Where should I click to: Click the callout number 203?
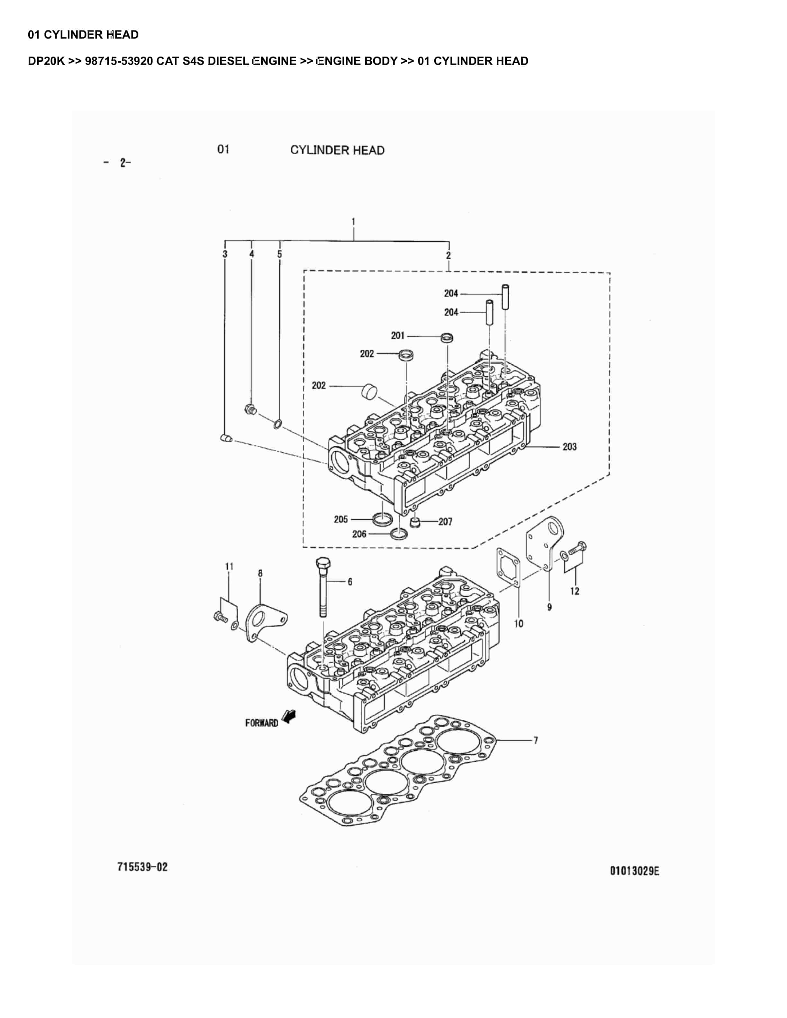coord(569,447)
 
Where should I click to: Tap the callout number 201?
coord(398,335)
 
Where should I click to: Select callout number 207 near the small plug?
coord(445,522)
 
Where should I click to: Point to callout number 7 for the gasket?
coord(536,740)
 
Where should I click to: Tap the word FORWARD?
coord(262,723)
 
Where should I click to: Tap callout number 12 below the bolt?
coord(575,591)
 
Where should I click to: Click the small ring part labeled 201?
coord(448,337)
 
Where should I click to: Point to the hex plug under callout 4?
coord(250,410)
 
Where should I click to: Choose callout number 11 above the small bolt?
coord(229,566)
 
